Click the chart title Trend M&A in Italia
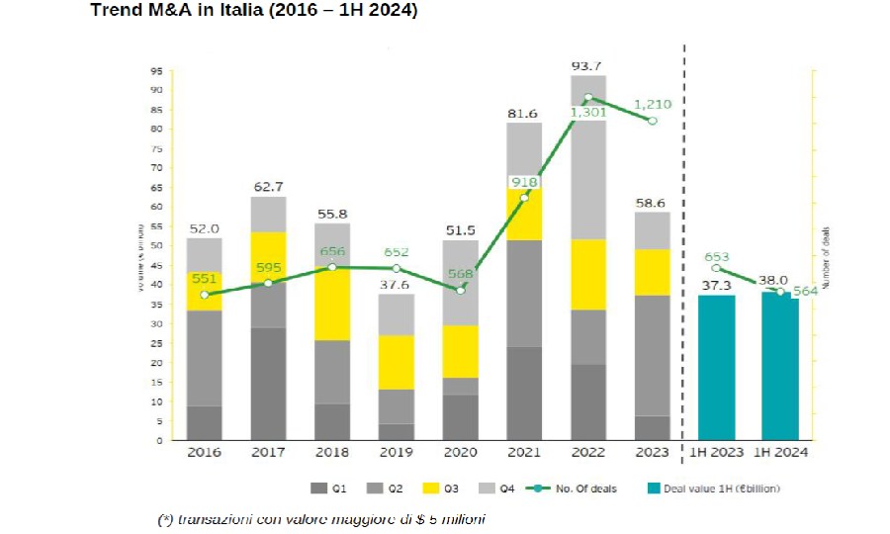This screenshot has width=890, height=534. pyautogui.click(x=253, y=11)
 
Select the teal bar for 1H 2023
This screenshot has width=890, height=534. pyautogui.click(x=717, y=367)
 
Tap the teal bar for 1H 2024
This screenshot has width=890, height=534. pyautogui.click(x=780, y=367)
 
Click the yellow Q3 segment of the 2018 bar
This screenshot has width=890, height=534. pyautogui.click(x=332, y=305)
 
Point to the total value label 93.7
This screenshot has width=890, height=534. pyautogui.click(x=588, y=66)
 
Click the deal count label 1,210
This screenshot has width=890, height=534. pyautogui.click(x=653, y=103)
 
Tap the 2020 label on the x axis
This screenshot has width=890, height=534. pyautogui.click(x=460, y=453)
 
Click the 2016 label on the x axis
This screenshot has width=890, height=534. pyautogui.click(x=205, y=453)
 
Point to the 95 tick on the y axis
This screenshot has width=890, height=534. pyautogui.click(x=155, y=71)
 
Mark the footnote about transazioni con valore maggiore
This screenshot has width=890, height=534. pyautogui.click(x=321, y=519)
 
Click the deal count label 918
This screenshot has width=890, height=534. pyautogui.click(x=524, y=182)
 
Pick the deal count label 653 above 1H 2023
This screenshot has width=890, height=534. pyautogui.click(x=717, y=257)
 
